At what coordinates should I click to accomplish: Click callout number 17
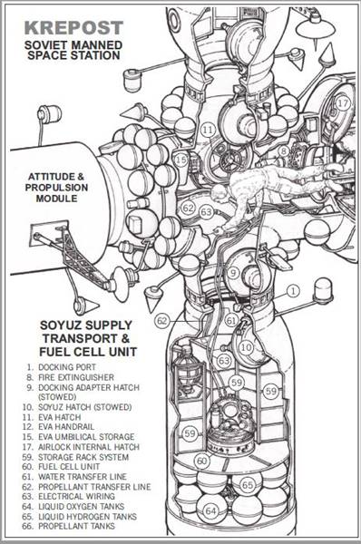tap(342, 103)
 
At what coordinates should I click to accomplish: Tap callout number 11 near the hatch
tap(209, 130)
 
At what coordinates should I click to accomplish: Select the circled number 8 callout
tap(284, 151)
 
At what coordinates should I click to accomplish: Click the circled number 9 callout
tap(233, 272)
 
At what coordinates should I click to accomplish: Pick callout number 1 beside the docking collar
tap(293, 291)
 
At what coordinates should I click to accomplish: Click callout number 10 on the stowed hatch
tap(246, 348)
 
